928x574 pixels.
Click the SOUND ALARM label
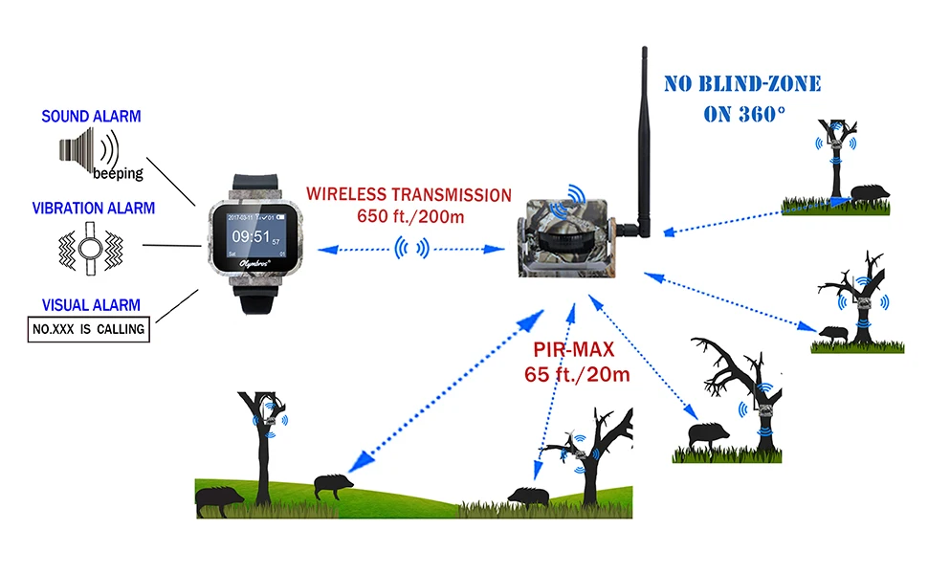click(x=91, y=117)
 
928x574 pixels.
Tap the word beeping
click(x=118, y=174)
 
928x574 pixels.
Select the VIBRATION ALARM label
click(x=93, y=208)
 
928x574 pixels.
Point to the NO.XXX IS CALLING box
click(x=88, y=330)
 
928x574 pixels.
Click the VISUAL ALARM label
click(x=91, y=305)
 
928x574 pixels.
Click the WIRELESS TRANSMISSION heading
click(x=409, y=194)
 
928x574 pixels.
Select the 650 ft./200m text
click(x=409, y=216)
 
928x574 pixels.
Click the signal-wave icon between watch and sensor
click(x=409, y=250)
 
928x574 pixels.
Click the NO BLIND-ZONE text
click(x=742, y=84)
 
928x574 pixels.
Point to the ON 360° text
click(x=744, y=113)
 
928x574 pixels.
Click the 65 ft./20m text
click(x=577, y=373)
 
